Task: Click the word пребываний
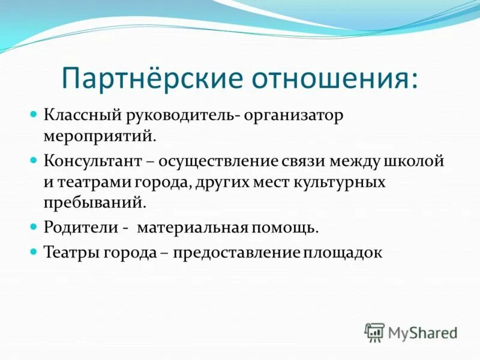pos(95,202)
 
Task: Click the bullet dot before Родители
pos(34,228)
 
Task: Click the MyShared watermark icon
pos(374,332)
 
